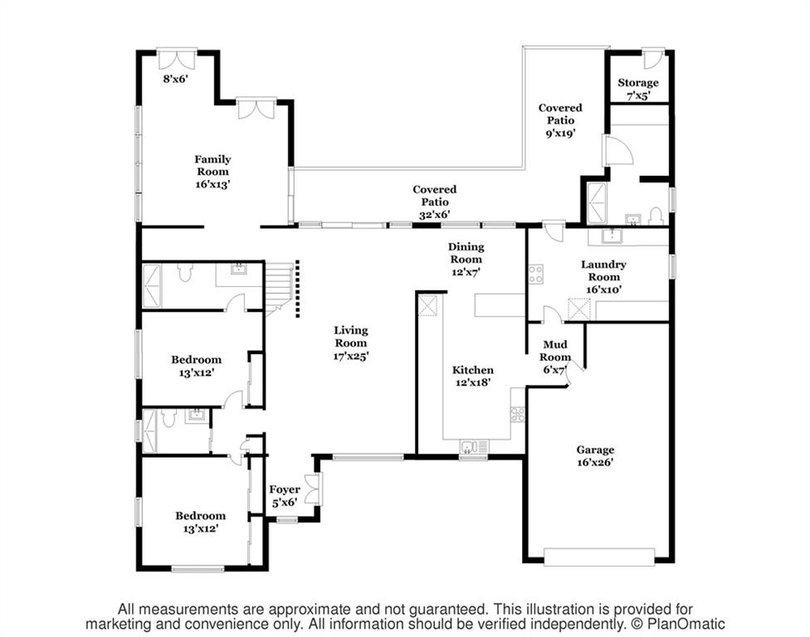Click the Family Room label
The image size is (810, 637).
[212, 172]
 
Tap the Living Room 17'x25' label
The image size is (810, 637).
[351, 343]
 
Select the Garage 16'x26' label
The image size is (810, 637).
[595, 456]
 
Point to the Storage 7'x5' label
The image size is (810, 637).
[638, 89]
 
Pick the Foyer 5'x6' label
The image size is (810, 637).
[285, 495]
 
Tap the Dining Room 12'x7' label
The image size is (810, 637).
[466, 259]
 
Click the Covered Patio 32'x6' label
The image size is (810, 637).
[434, 202]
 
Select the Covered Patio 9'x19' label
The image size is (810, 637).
[560, 120]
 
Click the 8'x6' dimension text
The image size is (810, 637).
[176, 79]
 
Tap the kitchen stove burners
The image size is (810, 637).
[518, 414]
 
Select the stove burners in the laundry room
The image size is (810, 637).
[535, 274]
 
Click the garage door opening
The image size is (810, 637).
[599, 557]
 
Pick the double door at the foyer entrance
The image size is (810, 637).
[314, 489]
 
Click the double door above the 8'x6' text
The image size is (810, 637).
[177, 59]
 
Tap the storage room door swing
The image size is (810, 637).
[653, 60]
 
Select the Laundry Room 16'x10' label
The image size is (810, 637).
[603, 277]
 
